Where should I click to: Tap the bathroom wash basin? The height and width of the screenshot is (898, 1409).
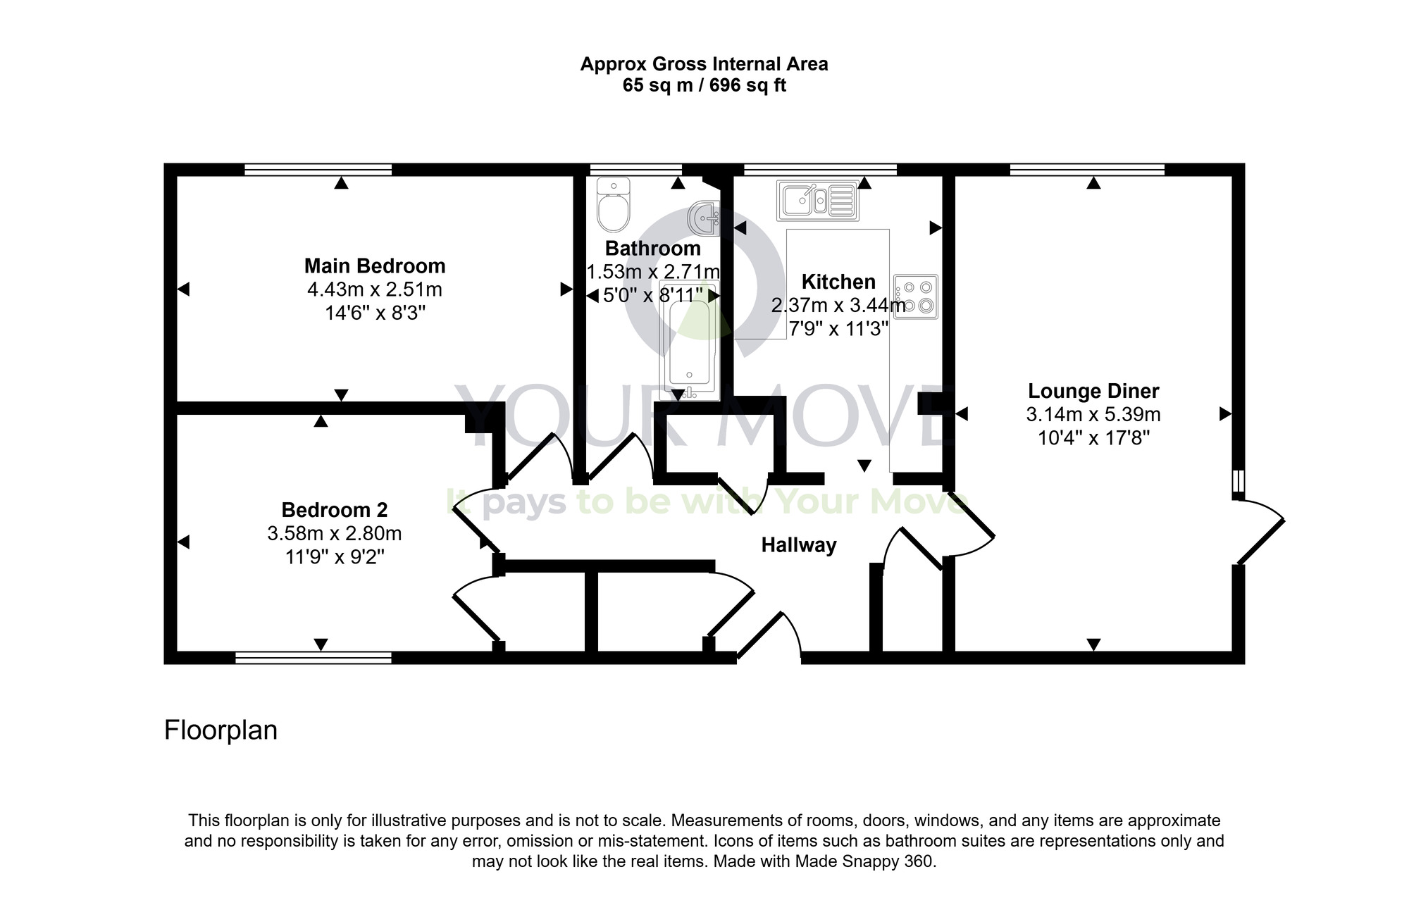coord(704,218)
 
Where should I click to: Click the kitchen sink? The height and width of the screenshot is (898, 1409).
coord(817,200)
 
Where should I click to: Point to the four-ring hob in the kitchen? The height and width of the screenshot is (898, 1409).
coord(916,297)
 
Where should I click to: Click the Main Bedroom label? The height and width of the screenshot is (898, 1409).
coord(375,266)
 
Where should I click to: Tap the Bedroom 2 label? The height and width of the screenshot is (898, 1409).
coord(334,510)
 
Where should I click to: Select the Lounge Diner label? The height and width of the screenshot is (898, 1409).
coord(1093,391)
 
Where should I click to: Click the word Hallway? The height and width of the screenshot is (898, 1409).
coord(799,545)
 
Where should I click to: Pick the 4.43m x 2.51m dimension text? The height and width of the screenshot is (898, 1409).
coord(375,289)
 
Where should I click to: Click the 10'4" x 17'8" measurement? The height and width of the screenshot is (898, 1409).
coord(1093,438)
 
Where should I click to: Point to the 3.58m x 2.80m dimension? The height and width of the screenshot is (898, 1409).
coord(334,533)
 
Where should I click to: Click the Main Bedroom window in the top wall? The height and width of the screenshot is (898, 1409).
coord(318,169)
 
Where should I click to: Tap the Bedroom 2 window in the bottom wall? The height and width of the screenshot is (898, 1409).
coord(313,658)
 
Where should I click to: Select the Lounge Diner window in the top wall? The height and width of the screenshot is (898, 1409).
coord(1087,169)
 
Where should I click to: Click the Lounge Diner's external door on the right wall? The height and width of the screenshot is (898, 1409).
coord(1261,532)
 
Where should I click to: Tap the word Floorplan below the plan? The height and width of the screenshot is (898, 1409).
coord(221,730)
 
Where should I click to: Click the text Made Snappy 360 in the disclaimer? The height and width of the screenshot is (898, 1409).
coord(864,861)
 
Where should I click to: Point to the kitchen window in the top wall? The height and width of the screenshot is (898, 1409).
coord(820,169)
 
